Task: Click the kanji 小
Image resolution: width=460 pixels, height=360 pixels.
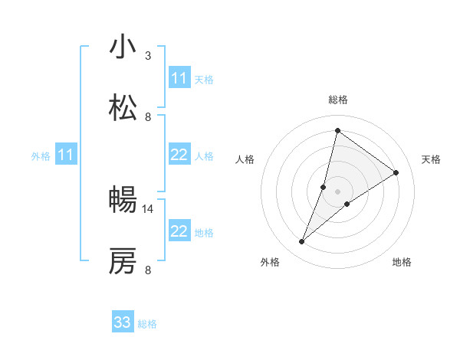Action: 123,47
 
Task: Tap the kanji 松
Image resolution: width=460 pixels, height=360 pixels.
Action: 123,109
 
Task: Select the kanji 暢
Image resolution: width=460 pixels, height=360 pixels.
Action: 123,201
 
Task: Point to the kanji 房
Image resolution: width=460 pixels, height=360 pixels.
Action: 123,262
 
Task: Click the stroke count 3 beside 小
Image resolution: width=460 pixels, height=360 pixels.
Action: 148,56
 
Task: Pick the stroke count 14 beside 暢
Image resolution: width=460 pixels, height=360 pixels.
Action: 149,208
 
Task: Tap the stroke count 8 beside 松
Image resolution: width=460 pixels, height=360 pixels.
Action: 148,117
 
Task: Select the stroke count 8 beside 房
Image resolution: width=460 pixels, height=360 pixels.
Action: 148,270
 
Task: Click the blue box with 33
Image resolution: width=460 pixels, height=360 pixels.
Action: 123,322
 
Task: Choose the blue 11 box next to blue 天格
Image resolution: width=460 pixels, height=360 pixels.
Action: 179,78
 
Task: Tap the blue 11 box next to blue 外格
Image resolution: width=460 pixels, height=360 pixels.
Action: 66,155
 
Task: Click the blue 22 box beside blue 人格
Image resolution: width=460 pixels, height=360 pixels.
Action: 179,155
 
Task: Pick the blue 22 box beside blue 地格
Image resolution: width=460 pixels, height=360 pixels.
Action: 179,231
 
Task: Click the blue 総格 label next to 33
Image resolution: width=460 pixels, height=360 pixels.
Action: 148,324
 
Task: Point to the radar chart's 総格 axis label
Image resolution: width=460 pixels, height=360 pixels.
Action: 338,100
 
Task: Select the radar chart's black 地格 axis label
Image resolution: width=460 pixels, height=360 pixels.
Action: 402,263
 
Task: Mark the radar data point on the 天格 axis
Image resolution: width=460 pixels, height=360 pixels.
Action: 396,172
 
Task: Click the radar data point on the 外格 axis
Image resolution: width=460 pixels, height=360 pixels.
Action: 302,242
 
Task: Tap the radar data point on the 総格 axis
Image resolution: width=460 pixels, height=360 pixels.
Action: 337,131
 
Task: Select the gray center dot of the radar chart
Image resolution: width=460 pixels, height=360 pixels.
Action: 337,191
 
